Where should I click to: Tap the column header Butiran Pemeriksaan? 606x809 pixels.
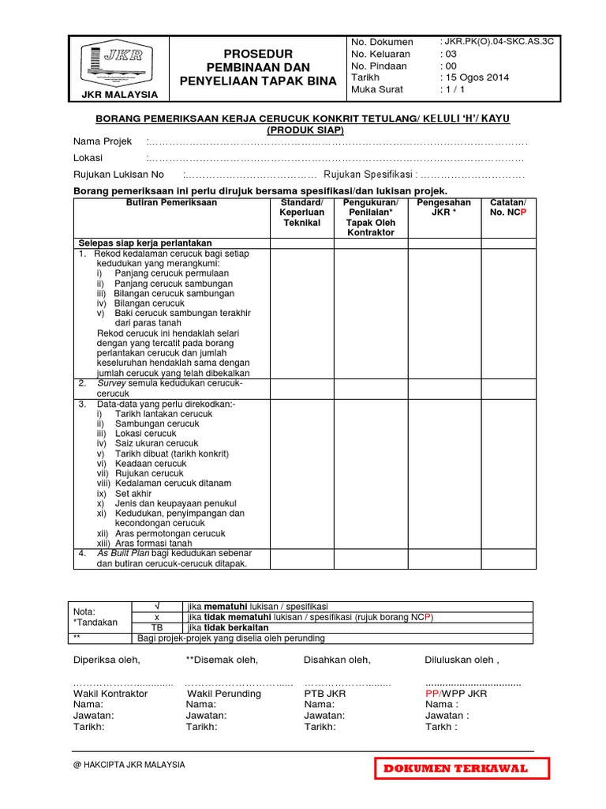[x=171, y=203]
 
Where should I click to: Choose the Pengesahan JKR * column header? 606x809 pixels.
[x=444, y=208]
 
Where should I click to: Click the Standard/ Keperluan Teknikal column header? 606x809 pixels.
[x=302, y=213]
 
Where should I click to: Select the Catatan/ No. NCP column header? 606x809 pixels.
[x=507, y=208]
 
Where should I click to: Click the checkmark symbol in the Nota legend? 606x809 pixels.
[x=156, y=605]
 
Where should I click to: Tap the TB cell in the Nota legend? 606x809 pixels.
[x=156, y=627]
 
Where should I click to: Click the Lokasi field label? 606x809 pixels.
[x=88, y=158]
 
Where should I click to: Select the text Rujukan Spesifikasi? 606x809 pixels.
[x=368, y=175]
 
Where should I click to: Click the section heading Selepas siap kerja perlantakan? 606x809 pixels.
[x=144, y=243]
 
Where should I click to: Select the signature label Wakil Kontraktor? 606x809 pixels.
[x=110, y=694]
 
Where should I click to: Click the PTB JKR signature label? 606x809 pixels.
[x=324, y=694]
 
